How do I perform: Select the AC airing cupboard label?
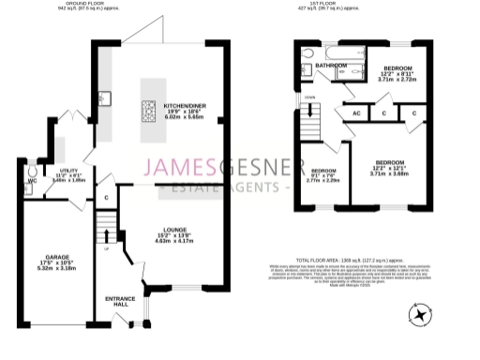point(356,113)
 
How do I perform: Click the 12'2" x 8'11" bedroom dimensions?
point(397,75)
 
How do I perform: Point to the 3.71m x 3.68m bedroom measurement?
point(390,173)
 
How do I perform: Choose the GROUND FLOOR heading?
point(75,5)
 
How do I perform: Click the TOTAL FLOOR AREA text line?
point(349,259)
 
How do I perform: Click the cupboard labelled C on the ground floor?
point(108,199)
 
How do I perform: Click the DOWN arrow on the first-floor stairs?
point(309,110)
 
